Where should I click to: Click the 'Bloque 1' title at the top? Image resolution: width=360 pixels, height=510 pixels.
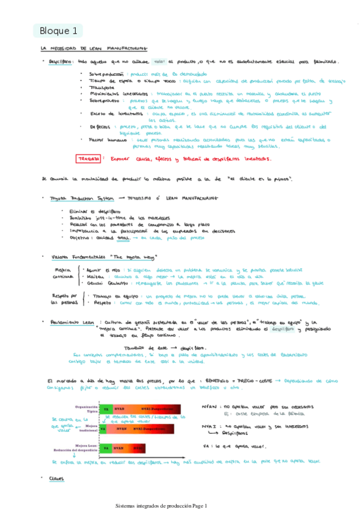pos(58,30)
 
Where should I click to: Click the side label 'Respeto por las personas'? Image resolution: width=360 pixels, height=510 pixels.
pos(62,299)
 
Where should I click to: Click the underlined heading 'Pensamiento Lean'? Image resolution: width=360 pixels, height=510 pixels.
pos(73,322)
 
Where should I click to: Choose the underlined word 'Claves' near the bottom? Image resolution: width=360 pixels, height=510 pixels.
pos(57,478)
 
